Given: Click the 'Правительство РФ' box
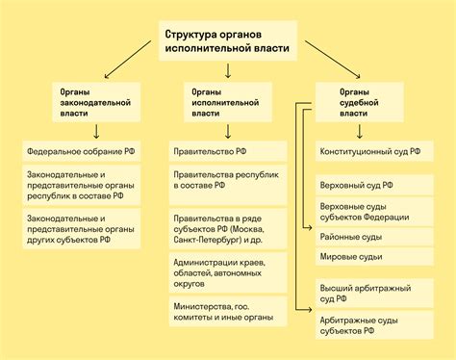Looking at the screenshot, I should click(228, 152).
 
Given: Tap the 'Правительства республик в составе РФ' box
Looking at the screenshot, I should click(228, 183).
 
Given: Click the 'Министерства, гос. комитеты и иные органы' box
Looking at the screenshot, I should click(228, 310).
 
